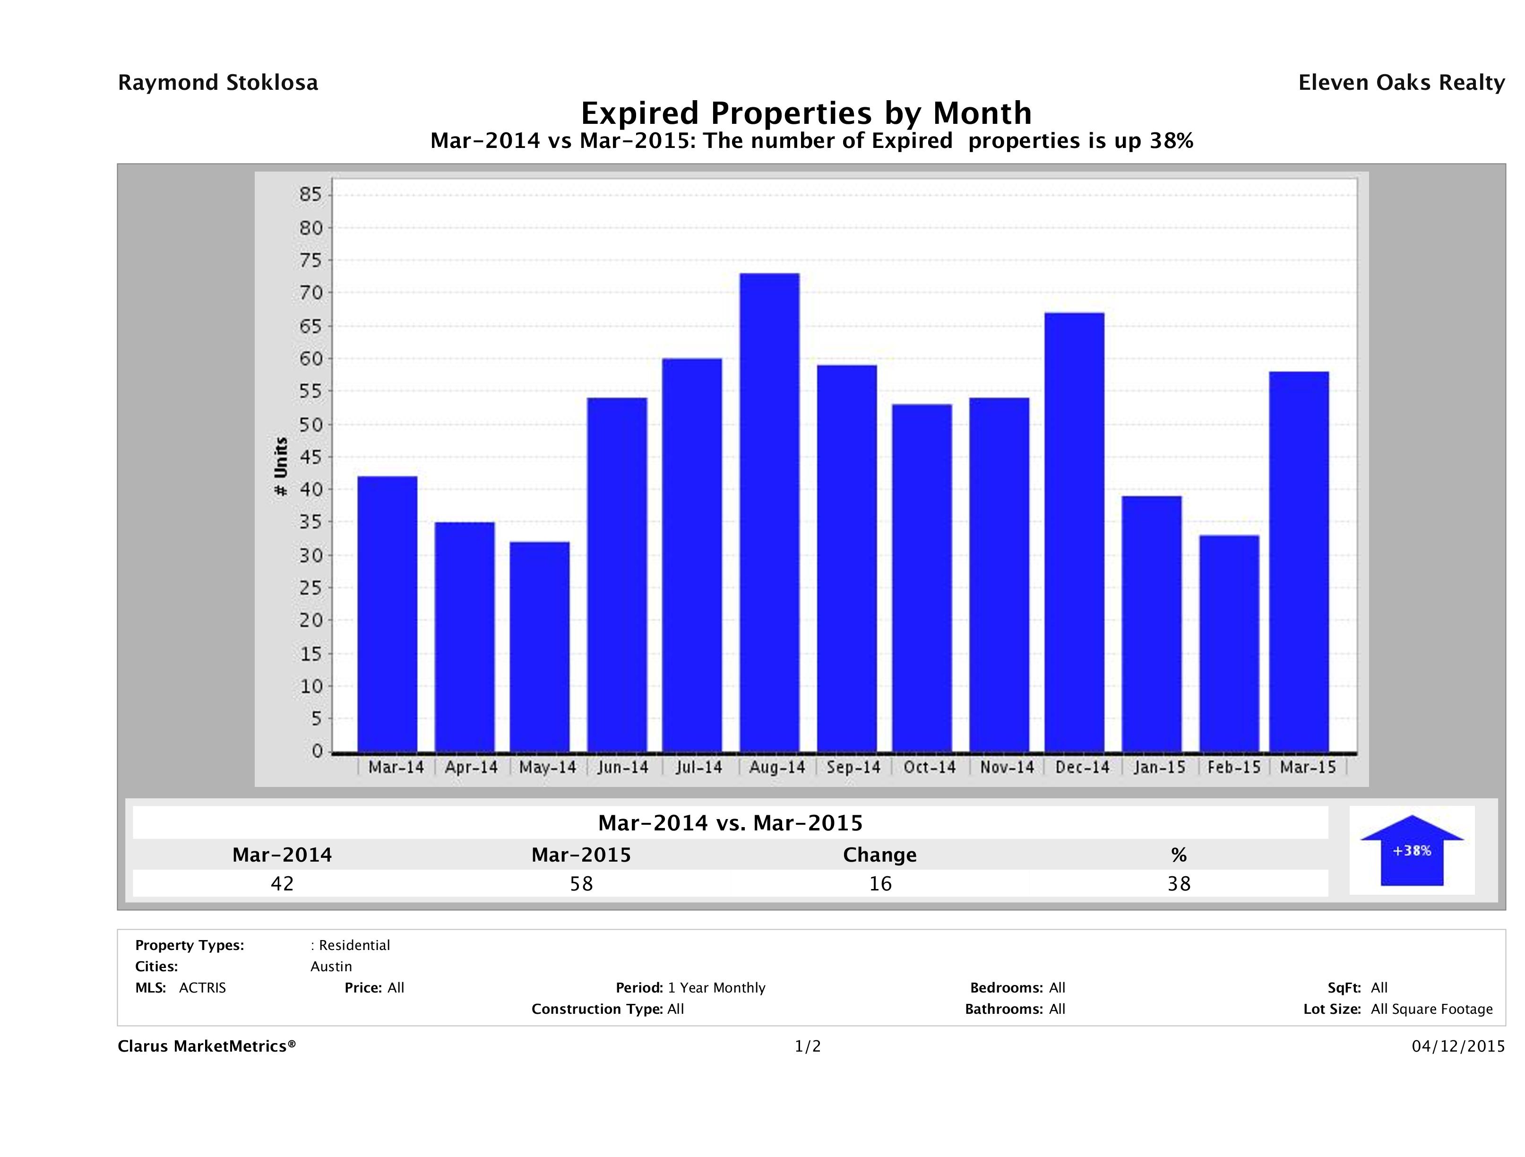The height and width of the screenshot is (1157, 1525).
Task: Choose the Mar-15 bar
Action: (x=1299, y=561)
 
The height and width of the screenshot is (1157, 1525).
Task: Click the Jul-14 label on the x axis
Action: (x=699, y=768)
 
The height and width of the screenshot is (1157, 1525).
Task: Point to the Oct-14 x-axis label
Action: (x=930, y=768)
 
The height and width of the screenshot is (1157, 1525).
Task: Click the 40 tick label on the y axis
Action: (x=311, y=490)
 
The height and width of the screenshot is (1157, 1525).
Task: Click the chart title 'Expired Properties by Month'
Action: (x=806, y=112)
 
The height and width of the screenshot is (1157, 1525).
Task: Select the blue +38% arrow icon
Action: (x=1411, y=850)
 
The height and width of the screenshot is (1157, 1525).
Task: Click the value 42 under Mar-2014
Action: (x=282, y=883)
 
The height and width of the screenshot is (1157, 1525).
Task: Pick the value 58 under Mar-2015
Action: (x=581, y=883)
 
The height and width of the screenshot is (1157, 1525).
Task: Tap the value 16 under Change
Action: (x=880, y=883)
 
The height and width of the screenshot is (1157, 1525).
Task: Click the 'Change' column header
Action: (x=880, y=855)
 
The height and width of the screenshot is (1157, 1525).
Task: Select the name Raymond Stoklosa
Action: (x=218, y=83)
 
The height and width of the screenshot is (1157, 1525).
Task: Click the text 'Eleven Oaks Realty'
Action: (x=1401, y=83)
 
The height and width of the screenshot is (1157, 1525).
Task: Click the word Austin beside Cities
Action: (x=331, y=967)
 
